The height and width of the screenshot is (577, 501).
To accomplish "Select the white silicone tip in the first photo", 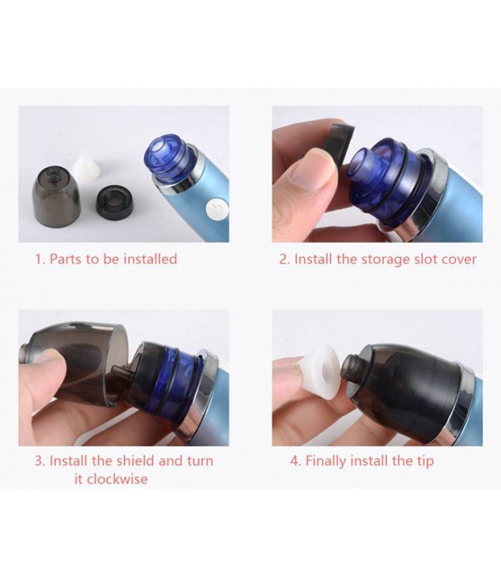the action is click(87, 167).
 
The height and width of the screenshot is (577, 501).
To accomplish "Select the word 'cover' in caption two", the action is click(459, 259).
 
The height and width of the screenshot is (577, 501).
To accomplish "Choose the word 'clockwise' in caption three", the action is click(117, 479).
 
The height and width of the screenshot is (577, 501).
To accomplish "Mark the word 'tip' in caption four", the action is click(425, 461).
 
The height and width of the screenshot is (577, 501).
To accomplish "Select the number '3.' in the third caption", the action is click(40, 461).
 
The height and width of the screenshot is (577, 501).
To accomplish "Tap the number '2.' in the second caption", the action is click(285, 260).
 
